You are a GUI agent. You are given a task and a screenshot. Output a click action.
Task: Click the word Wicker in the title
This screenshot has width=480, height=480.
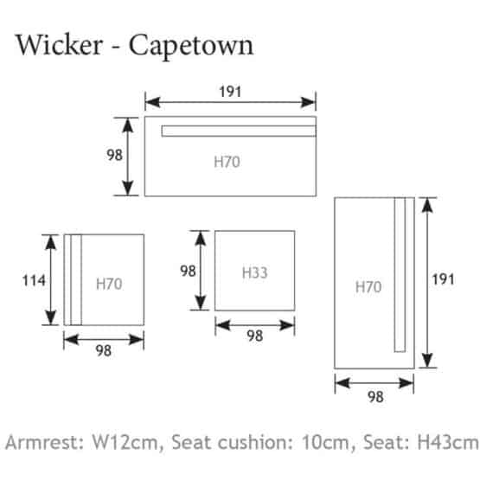pyautogui.click(x=59, y=45)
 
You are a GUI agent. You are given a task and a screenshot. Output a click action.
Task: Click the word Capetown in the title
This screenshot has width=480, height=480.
pyautogui.click(x=191, y=47)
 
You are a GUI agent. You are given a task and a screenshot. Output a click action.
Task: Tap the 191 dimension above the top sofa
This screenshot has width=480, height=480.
pyautogui.click(x=230, y=92)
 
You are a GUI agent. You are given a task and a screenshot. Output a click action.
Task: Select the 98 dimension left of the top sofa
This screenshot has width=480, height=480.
pyautogui.click(x=114, y=155)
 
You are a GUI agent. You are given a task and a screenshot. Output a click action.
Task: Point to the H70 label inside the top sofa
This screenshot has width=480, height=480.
pyautogui.click(x=227, y=162)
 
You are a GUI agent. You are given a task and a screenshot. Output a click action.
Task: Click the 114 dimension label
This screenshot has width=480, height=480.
pyautogui.click(x=34, y=280)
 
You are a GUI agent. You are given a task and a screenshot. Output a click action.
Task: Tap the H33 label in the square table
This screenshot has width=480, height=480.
pyautogui.click(x=254, y=272)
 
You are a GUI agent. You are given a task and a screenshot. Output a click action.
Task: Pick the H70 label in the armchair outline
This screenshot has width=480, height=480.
pyautogui.click(x=109, y=284)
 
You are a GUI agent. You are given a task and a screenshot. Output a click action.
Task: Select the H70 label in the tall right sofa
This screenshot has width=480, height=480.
pyautogui.click(x=368, y=287)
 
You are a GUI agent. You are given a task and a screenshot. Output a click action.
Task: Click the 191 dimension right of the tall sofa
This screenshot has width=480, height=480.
pyautogui.click(x=443, y=279)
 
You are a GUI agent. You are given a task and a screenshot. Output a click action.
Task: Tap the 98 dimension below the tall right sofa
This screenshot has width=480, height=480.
pyautogui.click(x=375, y=397)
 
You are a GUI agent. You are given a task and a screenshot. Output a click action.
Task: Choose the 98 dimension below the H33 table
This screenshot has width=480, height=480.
pyautogui.click(x=254, y=336)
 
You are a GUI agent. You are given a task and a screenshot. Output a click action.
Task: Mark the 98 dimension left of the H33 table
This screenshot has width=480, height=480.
pyautogui.click(x=188, y=271)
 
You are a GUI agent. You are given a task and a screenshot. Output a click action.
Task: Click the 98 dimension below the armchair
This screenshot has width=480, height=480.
pyautogui.click(x=104, y=351)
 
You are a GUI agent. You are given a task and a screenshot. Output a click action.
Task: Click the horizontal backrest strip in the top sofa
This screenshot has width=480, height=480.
pyautogui.click(x=239, y=131)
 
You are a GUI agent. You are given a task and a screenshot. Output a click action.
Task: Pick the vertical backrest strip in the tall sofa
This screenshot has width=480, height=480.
pyautogui.click(x=400, y=274)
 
